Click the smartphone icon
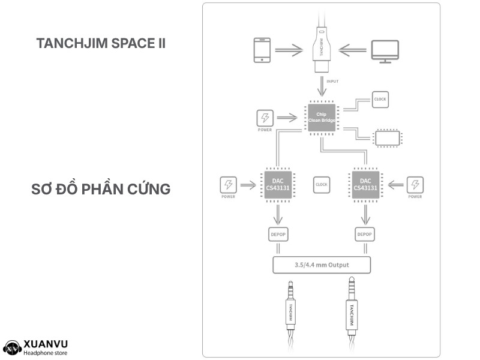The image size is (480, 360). (x=262, y=50)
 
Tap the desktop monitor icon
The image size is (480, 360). (x=385, y=52)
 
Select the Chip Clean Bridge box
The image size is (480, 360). (x=322, y=118)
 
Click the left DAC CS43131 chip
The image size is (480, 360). (x=278, y=185)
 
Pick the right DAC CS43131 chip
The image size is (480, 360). (x=365, y=185)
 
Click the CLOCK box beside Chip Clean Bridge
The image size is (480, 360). (x=380, y=100)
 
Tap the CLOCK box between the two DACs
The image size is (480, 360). (x=322, y=185)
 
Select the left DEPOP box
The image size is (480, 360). (x=278, y=235)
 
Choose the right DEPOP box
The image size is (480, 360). (x=365, y=235)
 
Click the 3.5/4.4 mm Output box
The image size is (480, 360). (x=322, y=265)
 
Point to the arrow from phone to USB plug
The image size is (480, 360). (x=289, y=50)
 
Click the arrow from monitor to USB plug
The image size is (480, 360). (x=352, y=50)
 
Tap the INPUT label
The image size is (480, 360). (x=332, y=82)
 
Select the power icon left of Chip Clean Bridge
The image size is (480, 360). (x=265, y=118)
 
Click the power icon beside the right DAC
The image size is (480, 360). (x=415, y=185)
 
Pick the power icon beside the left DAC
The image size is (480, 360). (x=229, y=185)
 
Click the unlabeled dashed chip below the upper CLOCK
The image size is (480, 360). (x=387, y=138)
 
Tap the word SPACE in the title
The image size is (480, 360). (x=133, y=43)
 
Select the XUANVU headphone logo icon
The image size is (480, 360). (x=12, y=349)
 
